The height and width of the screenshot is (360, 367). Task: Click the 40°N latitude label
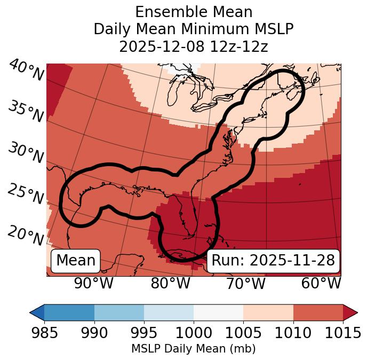(26, 71)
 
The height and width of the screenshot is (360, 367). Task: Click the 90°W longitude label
(93, 283)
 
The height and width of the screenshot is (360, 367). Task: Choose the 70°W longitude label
(245, 283)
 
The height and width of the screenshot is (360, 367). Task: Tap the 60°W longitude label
(321, 283)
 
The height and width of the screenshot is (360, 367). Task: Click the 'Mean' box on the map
(76, 261)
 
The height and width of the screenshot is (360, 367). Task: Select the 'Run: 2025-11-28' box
(273, 261)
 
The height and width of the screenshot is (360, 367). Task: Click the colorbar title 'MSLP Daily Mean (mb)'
(193, 349)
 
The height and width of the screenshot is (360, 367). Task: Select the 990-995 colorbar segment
(119, 312)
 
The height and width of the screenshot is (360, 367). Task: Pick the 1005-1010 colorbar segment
(268, 312)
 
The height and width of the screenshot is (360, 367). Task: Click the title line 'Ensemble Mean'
(194, 12)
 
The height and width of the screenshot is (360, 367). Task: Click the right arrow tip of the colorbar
(356, 312)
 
